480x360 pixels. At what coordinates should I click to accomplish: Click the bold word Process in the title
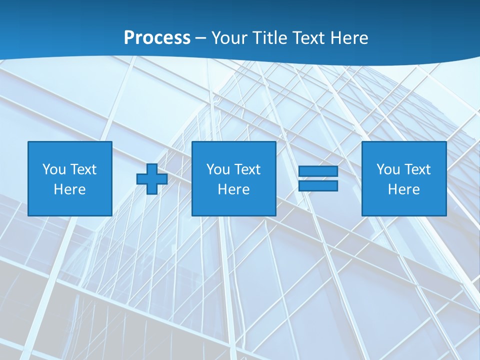coord(157,38)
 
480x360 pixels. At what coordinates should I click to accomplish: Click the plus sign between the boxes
coord(152,178)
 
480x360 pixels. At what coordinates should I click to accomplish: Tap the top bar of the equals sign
coord(318,171)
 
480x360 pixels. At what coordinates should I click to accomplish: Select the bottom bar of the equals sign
coord(318,185)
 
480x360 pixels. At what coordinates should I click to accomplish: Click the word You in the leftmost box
coord(54,169)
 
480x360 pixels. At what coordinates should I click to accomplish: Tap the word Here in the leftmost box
coord(69,189)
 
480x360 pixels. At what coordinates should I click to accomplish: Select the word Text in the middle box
coord(247,169)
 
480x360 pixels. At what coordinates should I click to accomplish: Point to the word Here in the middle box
coord(233,189)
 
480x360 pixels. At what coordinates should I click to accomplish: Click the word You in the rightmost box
coord(388,169)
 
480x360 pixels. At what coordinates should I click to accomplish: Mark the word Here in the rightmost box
coord(403,189)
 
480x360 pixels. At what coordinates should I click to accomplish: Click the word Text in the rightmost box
coord(417,169)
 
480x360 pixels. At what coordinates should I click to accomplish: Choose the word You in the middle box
coord(218,169)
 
